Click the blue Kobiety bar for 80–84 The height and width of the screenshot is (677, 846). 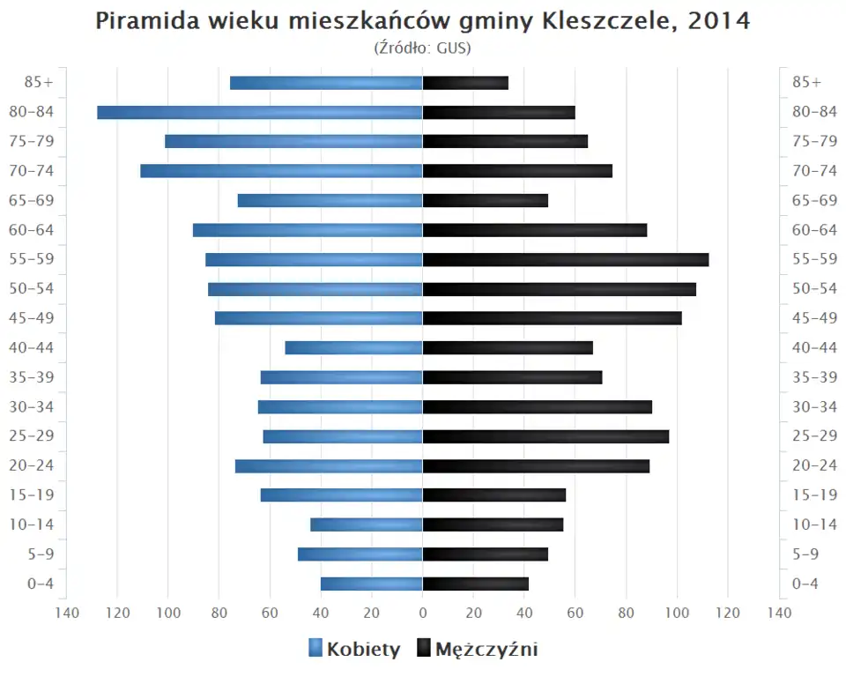260,112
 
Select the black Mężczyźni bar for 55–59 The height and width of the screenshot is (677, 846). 566,259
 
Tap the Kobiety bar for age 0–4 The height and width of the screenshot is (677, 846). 371,584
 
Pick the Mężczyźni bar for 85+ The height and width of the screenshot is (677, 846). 465,83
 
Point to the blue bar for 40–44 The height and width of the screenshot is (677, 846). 353,347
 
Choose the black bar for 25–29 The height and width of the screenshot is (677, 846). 545,436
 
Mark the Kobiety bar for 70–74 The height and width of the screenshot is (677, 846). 281,171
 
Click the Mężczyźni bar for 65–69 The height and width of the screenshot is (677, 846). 486,200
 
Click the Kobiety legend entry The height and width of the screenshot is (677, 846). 354,650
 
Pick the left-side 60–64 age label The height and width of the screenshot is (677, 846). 33,230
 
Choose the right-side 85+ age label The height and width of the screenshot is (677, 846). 806,83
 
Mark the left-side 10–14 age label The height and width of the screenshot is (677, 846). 33,524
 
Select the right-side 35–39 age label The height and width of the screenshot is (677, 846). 814,377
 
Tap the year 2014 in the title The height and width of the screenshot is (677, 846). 720,21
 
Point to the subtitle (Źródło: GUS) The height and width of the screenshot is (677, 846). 423,48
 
